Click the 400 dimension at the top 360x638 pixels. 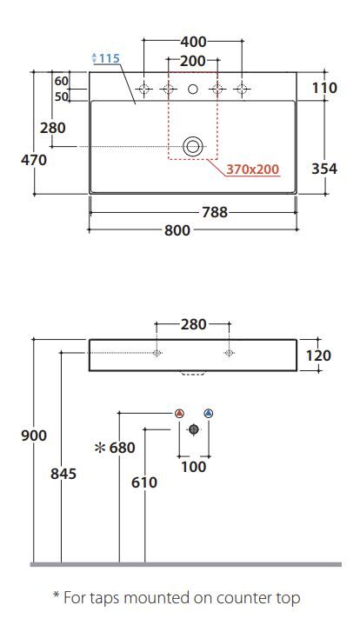[x=193, y=42]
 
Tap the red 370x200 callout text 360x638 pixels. [x=253, y=169]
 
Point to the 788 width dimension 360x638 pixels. [x=215, y=212]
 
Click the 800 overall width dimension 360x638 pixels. [x=177, y=230]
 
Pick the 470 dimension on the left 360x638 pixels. [x=34, y=160]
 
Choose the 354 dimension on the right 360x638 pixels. [x=324, y=169]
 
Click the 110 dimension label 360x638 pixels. [x=324, y=88]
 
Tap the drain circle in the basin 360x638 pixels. [x=193, y=147]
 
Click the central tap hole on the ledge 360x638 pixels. [x=193, y=89]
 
